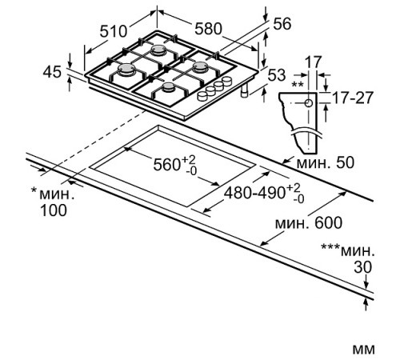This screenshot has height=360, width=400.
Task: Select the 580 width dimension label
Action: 208,29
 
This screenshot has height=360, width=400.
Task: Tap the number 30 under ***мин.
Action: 364,267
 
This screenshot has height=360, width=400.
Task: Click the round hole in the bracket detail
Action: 308,102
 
